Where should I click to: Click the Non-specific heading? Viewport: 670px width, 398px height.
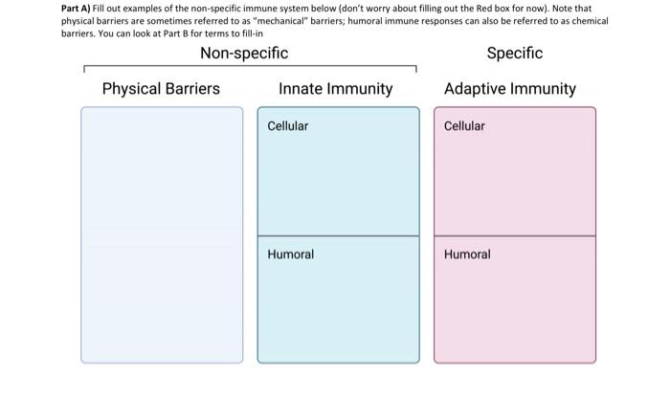pyautogui.click(x=243, y=54)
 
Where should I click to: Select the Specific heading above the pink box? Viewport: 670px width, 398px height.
pyautogui.click(x=514, y=54)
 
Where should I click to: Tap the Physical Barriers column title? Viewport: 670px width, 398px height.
pyautogui.click(x=161, y=89)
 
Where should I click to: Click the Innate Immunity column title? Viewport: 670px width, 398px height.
pyautogui.click(x=335, y=89)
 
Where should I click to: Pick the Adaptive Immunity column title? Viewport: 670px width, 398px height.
pyautogui.click(x=510, y=89)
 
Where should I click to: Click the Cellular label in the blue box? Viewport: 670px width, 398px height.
pyautogui.click(x=287, y=126)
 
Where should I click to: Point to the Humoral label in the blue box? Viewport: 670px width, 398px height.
pyautogui.click(x=290, y=254)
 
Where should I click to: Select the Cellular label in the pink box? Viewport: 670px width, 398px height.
pyautogui.click(x=464, y=126)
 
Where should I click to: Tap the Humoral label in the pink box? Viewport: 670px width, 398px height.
pyautogui.click(x=467, y=254)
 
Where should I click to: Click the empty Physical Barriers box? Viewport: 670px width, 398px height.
pyautogui.click(x=161, y=234)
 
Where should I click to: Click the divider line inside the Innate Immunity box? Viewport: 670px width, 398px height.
pyautogui.click(x=338, y=236)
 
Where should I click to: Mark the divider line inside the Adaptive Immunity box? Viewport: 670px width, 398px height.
pyautogui.click(x=514, y=236)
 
